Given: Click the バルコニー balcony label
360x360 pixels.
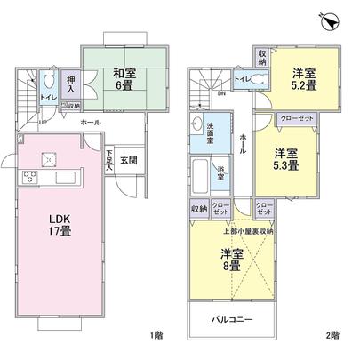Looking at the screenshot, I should [x=234, y=317].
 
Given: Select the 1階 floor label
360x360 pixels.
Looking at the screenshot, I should [x=157, y=335].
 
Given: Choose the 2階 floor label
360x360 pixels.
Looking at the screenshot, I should [x=332, y=335].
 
